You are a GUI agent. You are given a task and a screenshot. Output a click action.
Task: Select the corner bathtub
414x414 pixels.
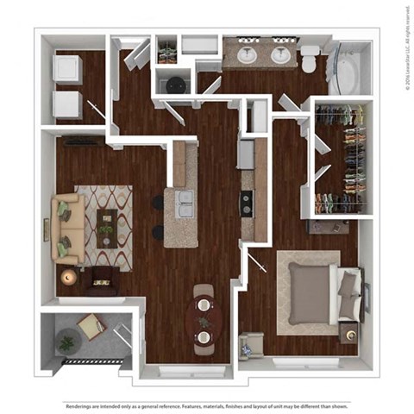pos(347,72)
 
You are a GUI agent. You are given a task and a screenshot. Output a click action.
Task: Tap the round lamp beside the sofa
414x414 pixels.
pos(68,277)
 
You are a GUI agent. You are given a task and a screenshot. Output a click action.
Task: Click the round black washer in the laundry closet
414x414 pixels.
pos(174,85)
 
